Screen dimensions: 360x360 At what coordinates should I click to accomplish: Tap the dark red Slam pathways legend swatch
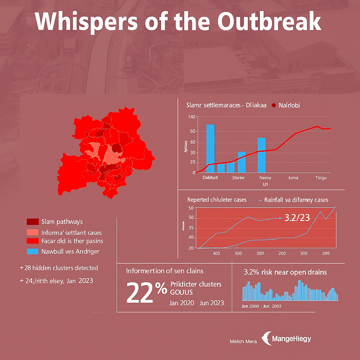click(x=32, y=221)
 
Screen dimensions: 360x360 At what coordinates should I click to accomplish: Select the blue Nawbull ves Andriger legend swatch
click(x=32, y=251)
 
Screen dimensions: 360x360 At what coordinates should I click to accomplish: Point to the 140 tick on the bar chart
click(x=191, y=117)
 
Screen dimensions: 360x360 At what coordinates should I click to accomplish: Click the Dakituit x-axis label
click(x=210, y=178)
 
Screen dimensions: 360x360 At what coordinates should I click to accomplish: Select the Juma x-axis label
click(x=293, y=178)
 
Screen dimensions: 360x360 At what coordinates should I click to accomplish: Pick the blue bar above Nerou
click(x=262, y=155)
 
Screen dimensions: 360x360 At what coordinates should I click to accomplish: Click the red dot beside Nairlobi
click(x=274, y=105)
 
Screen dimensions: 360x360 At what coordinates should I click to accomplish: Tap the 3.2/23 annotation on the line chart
click(x=297, y=218)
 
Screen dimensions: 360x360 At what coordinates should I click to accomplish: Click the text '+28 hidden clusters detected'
click(x=59, y=268)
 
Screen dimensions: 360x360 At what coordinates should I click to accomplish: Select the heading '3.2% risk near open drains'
click(x=285, y=272)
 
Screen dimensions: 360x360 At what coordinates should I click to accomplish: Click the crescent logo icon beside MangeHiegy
click(x=267, y=339)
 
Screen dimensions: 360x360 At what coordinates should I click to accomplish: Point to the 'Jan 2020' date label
click(x=181, y=303)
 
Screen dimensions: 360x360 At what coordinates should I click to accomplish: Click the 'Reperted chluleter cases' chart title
click(x=217, y=200)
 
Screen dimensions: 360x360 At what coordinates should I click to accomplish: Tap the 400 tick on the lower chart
click(x=216, y=253)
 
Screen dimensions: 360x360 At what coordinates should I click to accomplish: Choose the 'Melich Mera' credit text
click(x=243, y=341)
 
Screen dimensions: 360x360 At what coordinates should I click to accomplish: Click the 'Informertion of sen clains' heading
click(x=165, y=271)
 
